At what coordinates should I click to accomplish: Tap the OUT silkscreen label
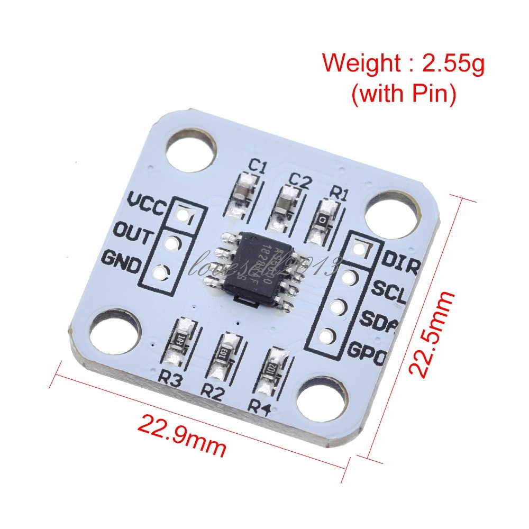coord(134,233)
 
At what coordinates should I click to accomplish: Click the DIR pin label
coord(400,261)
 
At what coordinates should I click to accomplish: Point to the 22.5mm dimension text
coord(432,334)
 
